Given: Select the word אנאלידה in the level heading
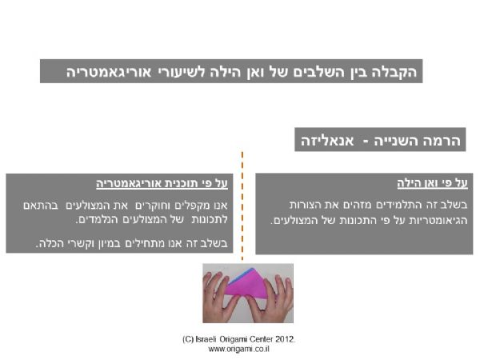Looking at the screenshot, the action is pos(327,141).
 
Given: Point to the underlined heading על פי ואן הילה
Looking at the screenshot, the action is pos(432,183).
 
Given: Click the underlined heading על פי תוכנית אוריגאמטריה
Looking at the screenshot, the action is pos(162,184).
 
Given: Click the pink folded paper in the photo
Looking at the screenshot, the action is pos(248,284).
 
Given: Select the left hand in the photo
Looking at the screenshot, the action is pos(220,298).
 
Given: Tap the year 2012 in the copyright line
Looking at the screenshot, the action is pos(284,339).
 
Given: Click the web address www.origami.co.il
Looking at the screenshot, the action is pos(238,349).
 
